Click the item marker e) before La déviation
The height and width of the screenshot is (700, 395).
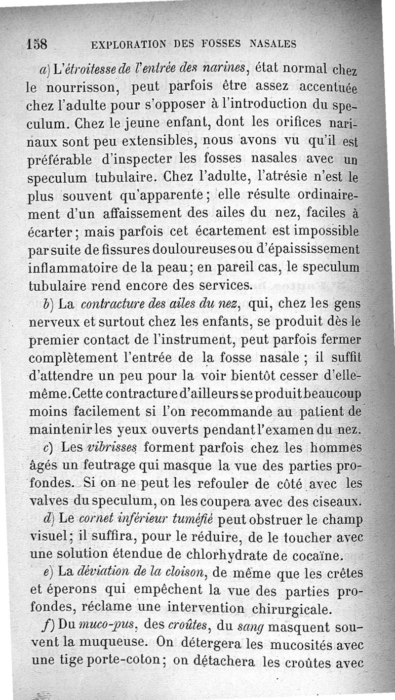coord(48,573)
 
